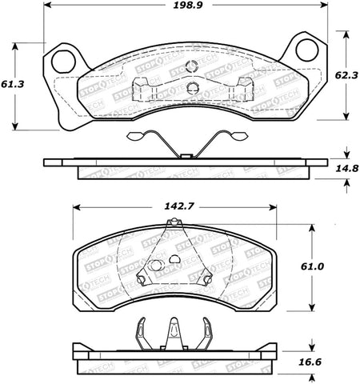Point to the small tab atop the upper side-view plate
184,154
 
